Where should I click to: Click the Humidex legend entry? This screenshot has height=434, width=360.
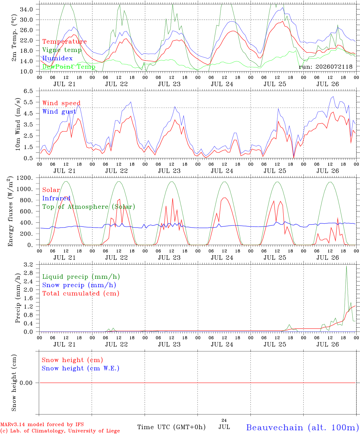tap(57, 58)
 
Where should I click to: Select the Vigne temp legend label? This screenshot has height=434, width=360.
tap(62, 50)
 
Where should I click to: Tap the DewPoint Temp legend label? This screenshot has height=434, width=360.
tap(69, 67)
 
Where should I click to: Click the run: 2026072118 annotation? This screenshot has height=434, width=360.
tap(325, 67)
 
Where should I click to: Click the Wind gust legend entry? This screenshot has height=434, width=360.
tap(59, 112)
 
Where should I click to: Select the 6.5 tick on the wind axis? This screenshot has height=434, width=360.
tap(28, 91)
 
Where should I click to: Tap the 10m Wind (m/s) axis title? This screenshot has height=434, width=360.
tap(17, 124)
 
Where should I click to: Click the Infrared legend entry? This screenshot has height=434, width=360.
tap(56, 198)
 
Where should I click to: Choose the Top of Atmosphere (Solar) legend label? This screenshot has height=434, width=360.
tap(89, 207)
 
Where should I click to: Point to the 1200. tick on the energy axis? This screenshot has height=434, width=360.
tap(25, 178)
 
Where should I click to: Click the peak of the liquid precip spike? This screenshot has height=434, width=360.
tap(346, 266)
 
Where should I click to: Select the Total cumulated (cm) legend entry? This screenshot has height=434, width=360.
tap(81, 294)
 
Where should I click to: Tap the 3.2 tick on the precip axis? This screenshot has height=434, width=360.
tap(28, 265)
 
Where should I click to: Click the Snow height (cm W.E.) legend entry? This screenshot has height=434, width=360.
tap(81, 368)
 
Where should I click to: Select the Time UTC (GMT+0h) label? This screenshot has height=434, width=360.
tap(171, 427)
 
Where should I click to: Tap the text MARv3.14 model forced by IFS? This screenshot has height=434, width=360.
tap(42, 424)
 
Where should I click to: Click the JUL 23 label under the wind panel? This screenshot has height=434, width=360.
tap(169, 171)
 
